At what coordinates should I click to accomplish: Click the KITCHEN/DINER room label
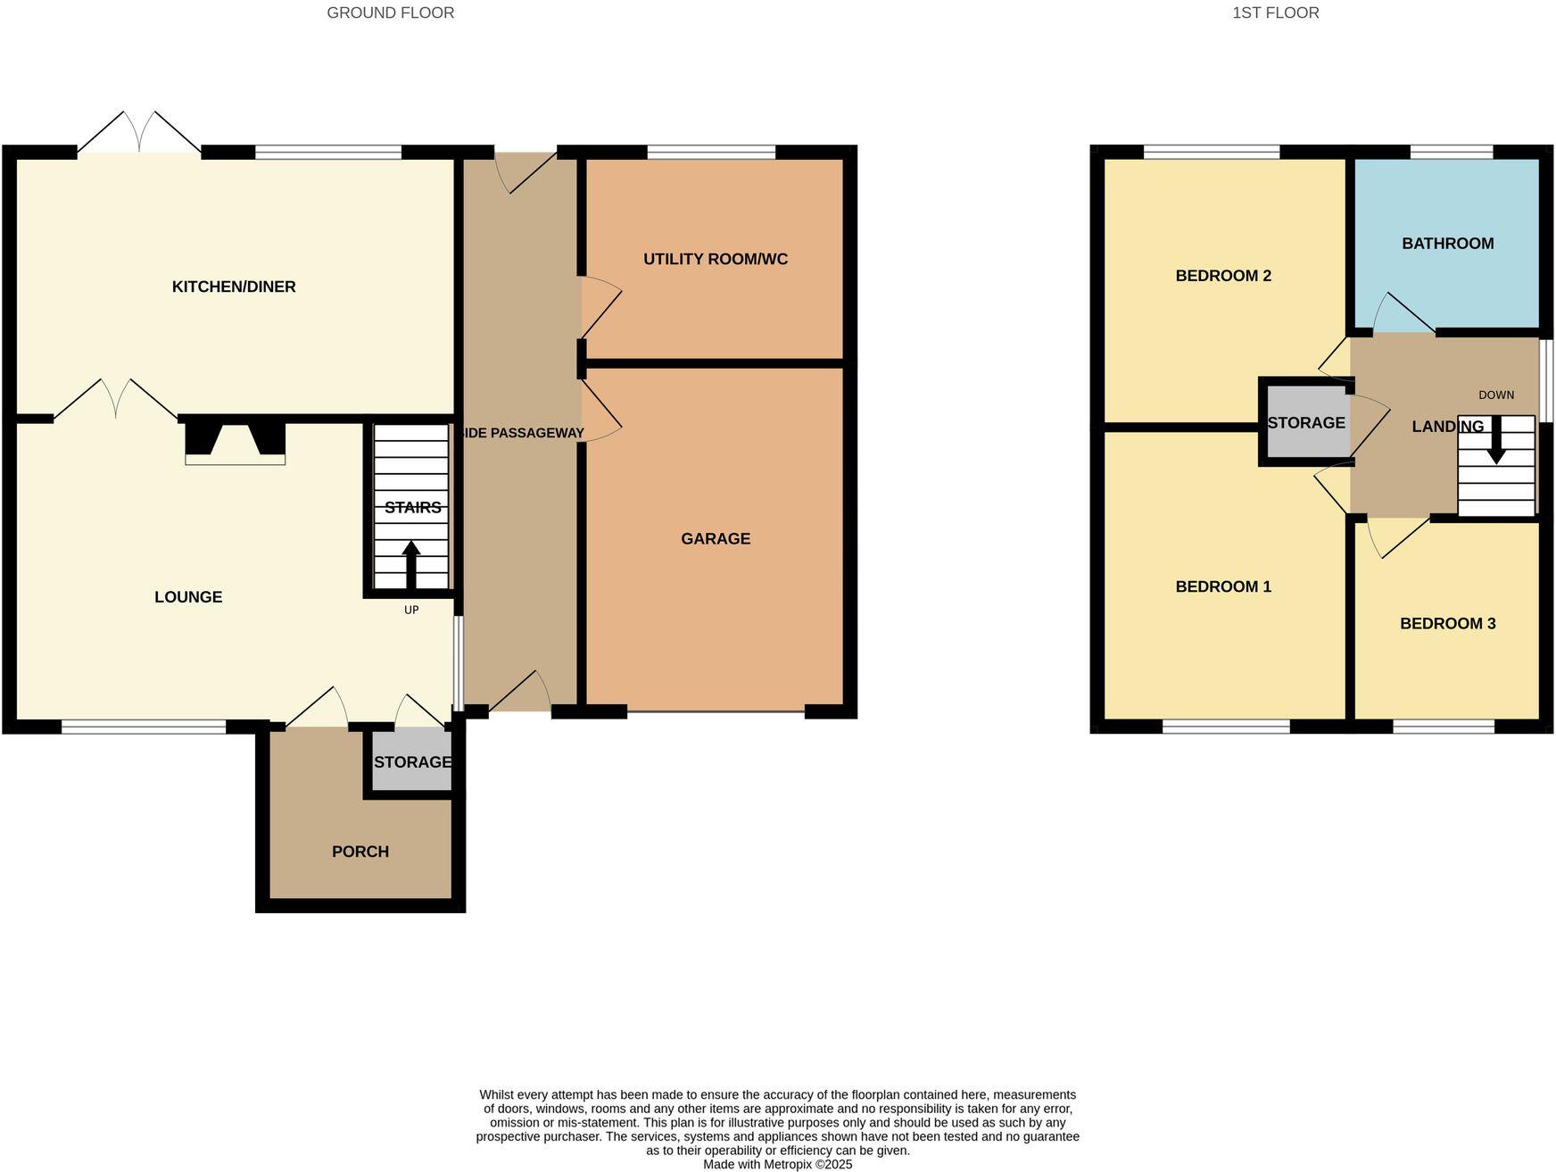pyautogui.click(x=234, y=287)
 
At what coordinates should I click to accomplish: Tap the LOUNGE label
pyautogui.click(x=188, y=597)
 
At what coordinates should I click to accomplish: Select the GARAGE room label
pyautogui.click(x=716, y=539)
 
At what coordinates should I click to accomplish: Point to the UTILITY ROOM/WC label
pyautogui.click(x=716, y=260)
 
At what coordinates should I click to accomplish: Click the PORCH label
pyautogui.click(x=360, y=852)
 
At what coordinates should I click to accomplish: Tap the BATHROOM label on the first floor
pyautogui.click(x=1447, y=244)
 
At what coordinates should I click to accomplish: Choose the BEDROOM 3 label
pyautogui.click(x=1447, y=624)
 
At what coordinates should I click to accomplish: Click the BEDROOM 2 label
pyautogui.click(x=1223, y=276)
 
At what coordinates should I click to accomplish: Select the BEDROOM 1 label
pyautogui.click(x=1223, y=586)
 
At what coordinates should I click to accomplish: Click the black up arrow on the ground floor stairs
pyautogui.click(x=411, y=563)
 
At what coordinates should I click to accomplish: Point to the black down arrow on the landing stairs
pyautogui.click(x=1496, y=441)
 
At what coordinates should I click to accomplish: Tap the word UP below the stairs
pyautogui.click(x=411, y=611)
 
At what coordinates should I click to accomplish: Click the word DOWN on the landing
pyautogui.click(x=1496, y=395)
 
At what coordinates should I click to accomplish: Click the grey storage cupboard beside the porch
pyautogui.click(x=411, y=761)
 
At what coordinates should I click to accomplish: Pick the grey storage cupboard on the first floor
pyautogui.click(x=1306, y=423)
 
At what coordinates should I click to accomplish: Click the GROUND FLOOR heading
pyautogui.click(x=390, y=12)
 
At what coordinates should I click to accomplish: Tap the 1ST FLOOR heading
pyautogui.click(x=1275, y=12)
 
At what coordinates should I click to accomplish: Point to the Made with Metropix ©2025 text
pyautogui.click(x=777, y=1165)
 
